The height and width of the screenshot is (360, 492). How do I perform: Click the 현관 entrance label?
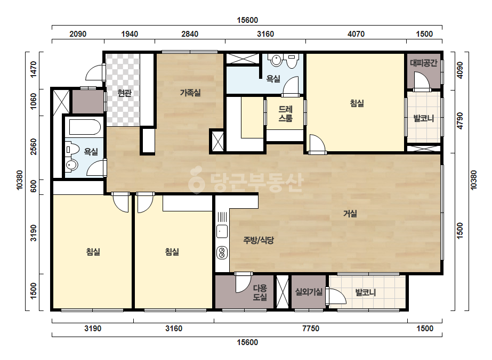coord(124,93)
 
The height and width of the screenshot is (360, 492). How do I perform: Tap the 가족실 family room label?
coord(190,93)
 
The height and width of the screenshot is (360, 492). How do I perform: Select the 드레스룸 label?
coord(286,113)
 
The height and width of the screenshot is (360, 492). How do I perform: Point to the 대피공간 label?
coord(424,63)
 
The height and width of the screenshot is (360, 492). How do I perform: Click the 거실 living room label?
coord(350,214)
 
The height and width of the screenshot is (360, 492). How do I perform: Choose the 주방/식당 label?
coord(259,240)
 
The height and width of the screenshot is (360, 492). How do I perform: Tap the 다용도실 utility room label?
coord(260,292)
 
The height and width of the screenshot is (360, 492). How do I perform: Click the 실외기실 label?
coord(309,292)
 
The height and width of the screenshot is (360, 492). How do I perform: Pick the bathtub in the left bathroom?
coord(85,127)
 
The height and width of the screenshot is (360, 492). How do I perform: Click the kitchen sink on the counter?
coord(222,232)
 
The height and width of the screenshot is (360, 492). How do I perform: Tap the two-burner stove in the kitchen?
coord(222,253)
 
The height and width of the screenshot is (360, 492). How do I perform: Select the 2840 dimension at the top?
coord(190,34)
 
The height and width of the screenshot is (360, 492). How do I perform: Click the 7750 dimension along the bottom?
coord(311,329)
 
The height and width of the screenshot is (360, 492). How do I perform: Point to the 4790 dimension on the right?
coord(459,121)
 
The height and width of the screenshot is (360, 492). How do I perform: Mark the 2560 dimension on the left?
coord(33,146)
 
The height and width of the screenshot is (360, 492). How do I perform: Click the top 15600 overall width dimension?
coord(247,20)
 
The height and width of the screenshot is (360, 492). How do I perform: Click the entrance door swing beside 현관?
coord(94,72)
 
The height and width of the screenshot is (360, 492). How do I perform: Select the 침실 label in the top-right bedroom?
coord(357,103)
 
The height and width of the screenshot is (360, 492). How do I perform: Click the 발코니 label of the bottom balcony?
coord(365,292)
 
